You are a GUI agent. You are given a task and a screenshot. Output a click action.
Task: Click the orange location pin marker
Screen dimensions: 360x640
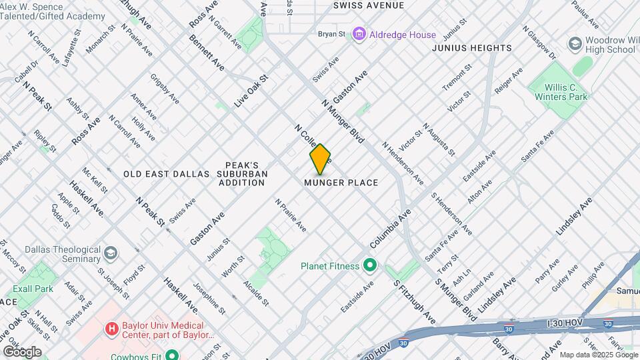(320, 159)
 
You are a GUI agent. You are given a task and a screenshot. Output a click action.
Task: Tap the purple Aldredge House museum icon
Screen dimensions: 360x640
(359, 33)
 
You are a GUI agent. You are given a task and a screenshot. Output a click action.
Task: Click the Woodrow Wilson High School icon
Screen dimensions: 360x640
(574, 44)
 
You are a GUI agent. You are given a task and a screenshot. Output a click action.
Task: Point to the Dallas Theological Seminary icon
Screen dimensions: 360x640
(110, 253)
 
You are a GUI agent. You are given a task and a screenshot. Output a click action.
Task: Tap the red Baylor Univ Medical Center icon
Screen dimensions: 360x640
(112, 329)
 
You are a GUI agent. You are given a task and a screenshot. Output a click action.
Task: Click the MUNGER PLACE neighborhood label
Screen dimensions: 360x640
(341, 183)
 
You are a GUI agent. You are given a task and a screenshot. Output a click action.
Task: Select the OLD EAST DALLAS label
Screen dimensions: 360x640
(167, 174)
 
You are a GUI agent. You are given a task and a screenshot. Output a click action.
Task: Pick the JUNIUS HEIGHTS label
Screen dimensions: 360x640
(472, 48)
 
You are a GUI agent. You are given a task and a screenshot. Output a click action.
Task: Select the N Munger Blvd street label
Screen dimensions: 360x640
(343, 121)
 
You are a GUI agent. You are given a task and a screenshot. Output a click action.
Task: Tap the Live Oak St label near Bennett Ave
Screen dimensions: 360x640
(251, 91)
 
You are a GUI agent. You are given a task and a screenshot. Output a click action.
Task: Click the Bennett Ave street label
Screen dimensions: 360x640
(207, 54)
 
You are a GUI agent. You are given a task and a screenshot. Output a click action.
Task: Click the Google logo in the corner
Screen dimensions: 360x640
(21, 351)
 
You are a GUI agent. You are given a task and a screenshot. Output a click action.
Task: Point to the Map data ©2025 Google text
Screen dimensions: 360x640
(597, 355)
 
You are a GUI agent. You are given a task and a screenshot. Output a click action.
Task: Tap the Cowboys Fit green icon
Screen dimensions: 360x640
(172, 355)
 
